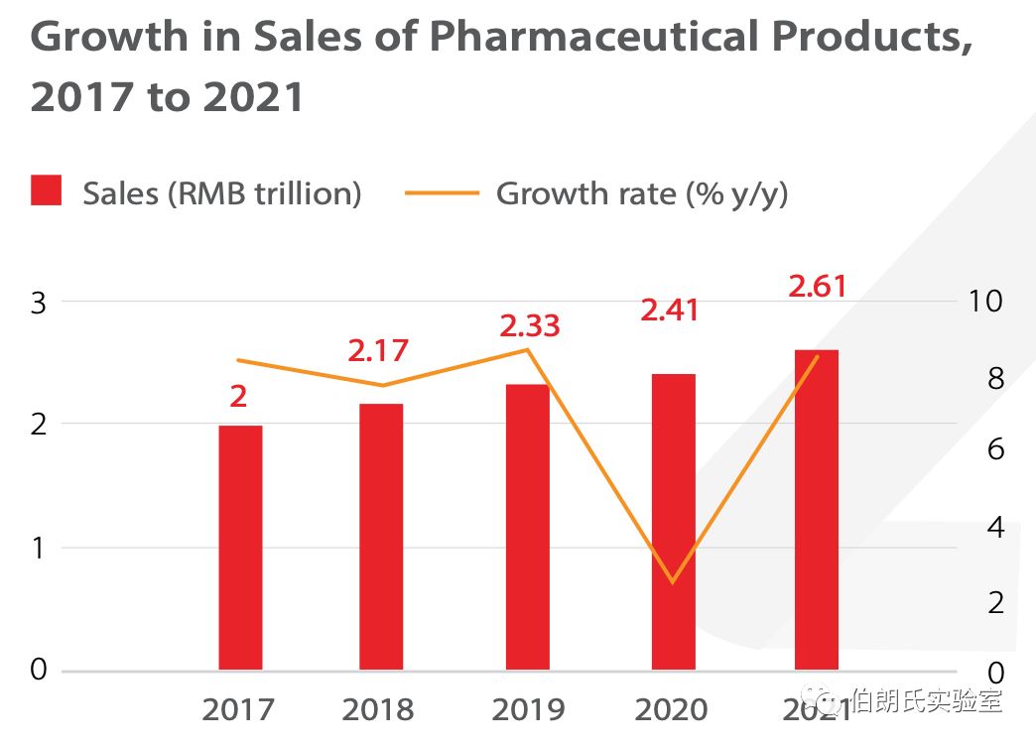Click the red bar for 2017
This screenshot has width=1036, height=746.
click(x=240, y=548)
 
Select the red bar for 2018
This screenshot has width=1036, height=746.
click(x=381, y=537)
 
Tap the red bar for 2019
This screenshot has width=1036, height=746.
click(x=527, y=527)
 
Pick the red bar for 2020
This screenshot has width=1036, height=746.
click(x=674, y=522)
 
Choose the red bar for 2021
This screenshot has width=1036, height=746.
click(x=817, y=510)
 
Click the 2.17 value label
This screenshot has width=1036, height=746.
click(x=378, y=351)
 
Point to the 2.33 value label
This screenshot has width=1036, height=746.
click(x=530, y=325)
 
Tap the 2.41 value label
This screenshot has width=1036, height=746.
click(x=670, y=311)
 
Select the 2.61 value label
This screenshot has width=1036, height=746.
click(x=818, y=287)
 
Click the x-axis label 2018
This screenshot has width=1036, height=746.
click(x=378, y=710)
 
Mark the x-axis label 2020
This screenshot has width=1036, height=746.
click(x=672, y=710)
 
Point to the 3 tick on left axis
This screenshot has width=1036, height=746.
click(x=39, y=303)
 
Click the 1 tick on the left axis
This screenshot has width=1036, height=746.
click(x=39, y=548)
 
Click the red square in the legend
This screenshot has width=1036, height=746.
click(x=47, y=191)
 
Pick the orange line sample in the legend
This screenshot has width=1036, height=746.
click(x=442, y=192)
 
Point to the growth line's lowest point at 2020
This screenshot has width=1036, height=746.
click(x=673, y=582)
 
